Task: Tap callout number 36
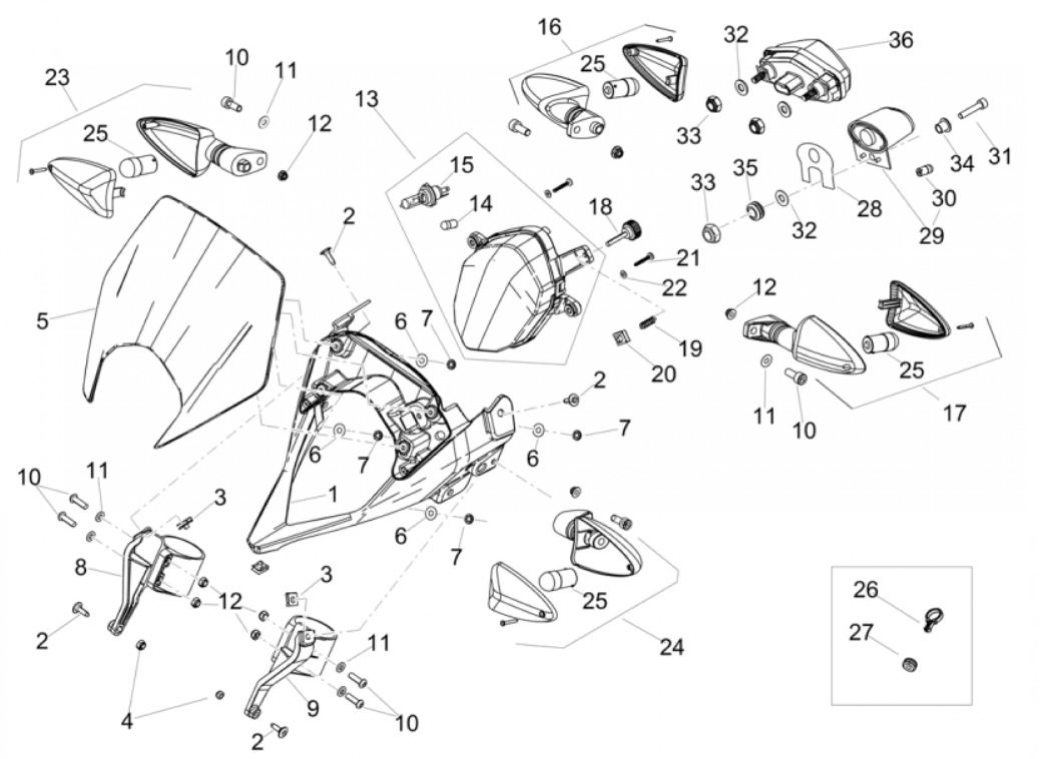901,40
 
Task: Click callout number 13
367,99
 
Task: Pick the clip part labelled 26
934,617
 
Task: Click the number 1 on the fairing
333,495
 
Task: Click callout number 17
954,413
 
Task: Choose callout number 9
313,709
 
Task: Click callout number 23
58,77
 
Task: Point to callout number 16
550,27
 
